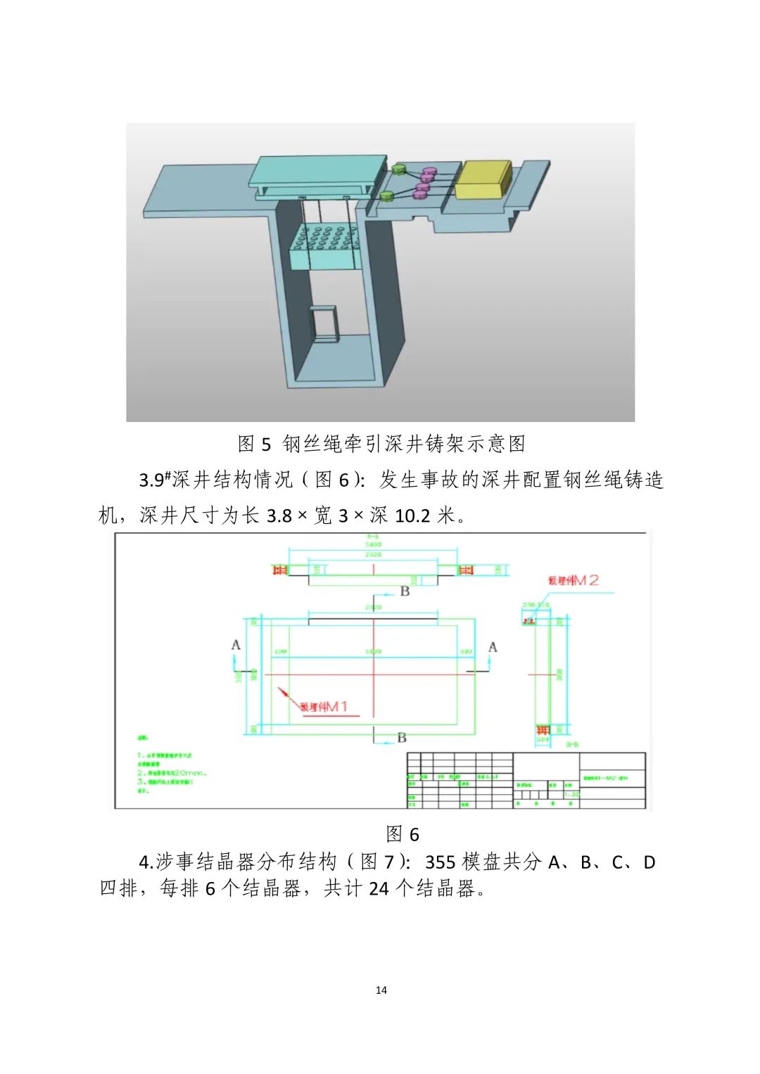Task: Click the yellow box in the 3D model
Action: (x=483, y=181)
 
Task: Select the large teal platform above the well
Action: (x=318, y=173)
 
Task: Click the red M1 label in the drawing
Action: (x=324, y=706)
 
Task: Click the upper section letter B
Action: (x=405, y=591)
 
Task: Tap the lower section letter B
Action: (x=401, y=737)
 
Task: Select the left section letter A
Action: (x=236, y=645)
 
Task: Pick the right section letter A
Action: (x=493, y=646)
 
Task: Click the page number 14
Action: (x=381, y=990)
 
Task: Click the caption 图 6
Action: (x=403, y=834)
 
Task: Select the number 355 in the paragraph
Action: (x=441, y=862)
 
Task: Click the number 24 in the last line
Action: (x=379, y=889)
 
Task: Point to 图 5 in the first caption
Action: (x=254, y=444)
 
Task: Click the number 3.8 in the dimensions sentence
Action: (x=279, y=516)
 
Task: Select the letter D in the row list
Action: (x=649, y=862)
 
